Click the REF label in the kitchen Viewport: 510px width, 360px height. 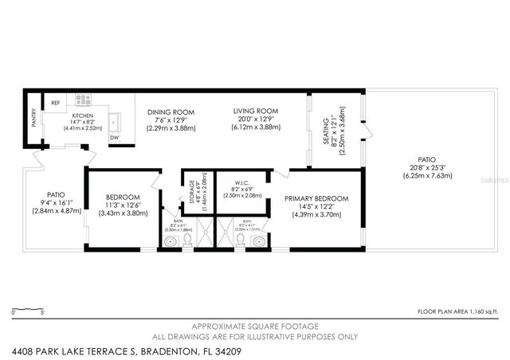(55, 102)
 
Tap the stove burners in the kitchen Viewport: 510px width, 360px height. (83, 100)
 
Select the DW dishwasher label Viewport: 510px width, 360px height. (114, 138)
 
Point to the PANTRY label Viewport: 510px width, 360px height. (33, 119)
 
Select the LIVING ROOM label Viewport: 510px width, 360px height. (255, 111)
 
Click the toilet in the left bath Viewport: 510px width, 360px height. (187, 238)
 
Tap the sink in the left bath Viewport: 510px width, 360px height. (170, 241)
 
